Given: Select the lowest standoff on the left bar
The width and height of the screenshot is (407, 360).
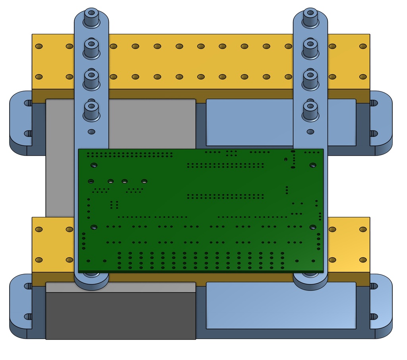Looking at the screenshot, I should pyautogui.click(x=91, y=111).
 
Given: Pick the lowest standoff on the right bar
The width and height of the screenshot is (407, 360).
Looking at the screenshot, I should pyautogui.click(x=310, y=111).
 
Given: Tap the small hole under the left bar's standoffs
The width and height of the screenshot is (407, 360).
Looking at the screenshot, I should pyautogui.click(x=91, y=131).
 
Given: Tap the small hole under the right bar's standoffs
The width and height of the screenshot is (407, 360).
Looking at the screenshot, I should pyautogui.click(x=310, y=131).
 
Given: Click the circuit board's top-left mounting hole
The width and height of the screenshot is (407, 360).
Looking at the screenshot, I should pyautogui.click(x=94, y=165).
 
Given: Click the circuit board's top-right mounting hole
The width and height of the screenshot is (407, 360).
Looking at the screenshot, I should pyautogui.click(x=313, y=165).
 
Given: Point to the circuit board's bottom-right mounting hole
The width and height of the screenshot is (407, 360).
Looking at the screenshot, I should pyautogui.click(x=313, y=227).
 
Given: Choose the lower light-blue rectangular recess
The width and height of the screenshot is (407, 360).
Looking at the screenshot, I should pyautogui.click(x=280, y=306).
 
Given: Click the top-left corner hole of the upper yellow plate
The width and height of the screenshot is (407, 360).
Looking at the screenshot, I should pyautogui.click(x=39, y=47).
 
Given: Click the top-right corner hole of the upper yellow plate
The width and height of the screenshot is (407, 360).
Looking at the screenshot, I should pyautogui.click(x=362, y=47).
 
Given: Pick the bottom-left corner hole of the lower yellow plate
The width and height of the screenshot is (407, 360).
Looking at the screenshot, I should pyautogui.click(x=39, y=260).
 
